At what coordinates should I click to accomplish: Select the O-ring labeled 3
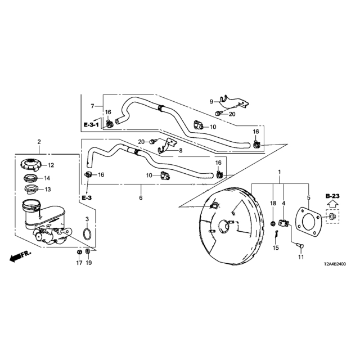click(87, 234)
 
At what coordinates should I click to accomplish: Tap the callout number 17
click(79, 263)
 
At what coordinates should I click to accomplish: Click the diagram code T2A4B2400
click(335, 264)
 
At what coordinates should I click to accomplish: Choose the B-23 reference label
click(332, 196)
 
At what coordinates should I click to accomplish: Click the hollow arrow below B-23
click(332, 204)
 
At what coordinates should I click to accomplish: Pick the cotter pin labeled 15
click(276, 234)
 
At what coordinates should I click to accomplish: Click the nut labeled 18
click(273, 223)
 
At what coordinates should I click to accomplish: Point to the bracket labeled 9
click(233, 102)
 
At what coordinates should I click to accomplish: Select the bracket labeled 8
click(167, 145)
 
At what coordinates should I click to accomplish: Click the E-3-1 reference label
click(91, 125)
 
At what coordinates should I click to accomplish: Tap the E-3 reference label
click(87, 197)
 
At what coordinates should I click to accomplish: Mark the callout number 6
click(141, 197)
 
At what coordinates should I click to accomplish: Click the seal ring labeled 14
click(30, 178)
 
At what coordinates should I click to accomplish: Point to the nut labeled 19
click(88, 252)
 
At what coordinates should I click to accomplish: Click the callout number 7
click(92, 106)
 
